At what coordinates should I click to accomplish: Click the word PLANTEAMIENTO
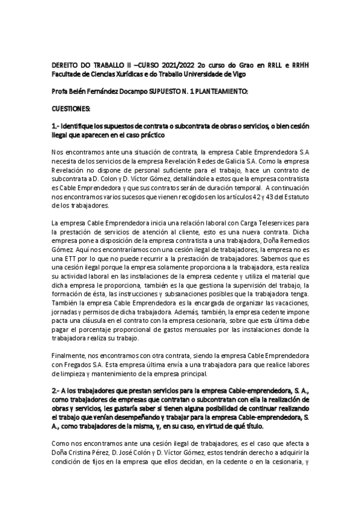221,90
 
